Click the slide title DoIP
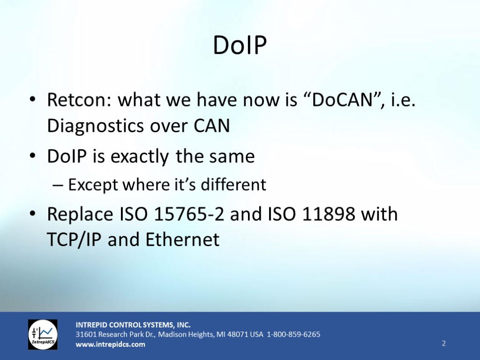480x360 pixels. [x=240, y=45]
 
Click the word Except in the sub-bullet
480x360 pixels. [x=93, y=185]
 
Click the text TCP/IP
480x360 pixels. [x=75, y=240]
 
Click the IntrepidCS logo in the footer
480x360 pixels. [x=43, y=334]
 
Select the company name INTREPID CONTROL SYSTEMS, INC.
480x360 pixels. [x=133, y=324]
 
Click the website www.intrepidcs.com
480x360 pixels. [x=111, y=345]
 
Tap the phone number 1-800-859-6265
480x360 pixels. [x=293, y=334]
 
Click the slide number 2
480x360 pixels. [x=443, y=344]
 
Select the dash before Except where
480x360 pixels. [x=59, y=185]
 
